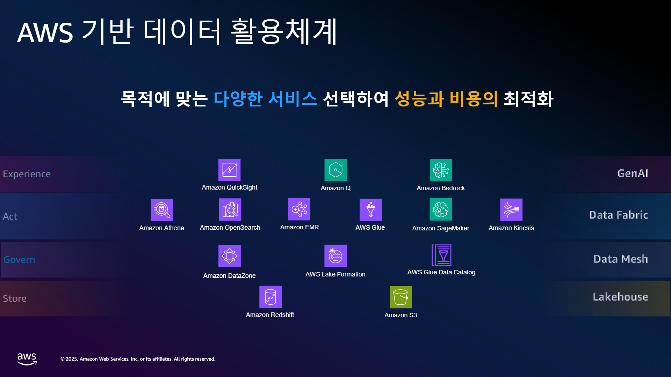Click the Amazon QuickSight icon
(229, 170)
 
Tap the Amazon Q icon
(335, 170)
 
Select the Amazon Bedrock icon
(441, 170)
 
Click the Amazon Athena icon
(162, 210)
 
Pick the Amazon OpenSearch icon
(230, 209)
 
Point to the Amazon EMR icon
(299, 209)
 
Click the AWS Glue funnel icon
(370, 210)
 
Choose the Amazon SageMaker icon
(441, 209)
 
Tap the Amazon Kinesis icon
(511, 210)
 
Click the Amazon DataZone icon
(230, 256)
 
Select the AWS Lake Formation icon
(335, 256)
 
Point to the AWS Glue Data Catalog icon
(441, 255)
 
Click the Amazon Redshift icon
(270, 297)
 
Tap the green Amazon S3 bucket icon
(401, 297)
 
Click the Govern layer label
(19, 260)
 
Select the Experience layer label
(27, 174)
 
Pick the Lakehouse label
(620, 297)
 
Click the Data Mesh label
(621, 259)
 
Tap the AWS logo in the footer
(27, 359)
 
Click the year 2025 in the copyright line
(72, 359)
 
